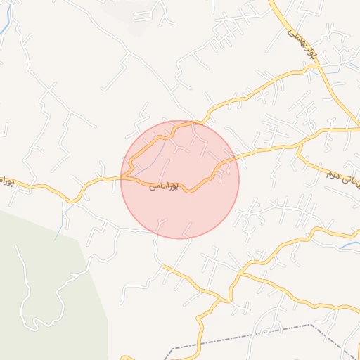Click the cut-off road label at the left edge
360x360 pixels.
tap(6, 181)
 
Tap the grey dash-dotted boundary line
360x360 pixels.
tap(246, 336)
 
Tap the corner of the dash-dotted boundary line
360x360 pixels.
tap(311, 325)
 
